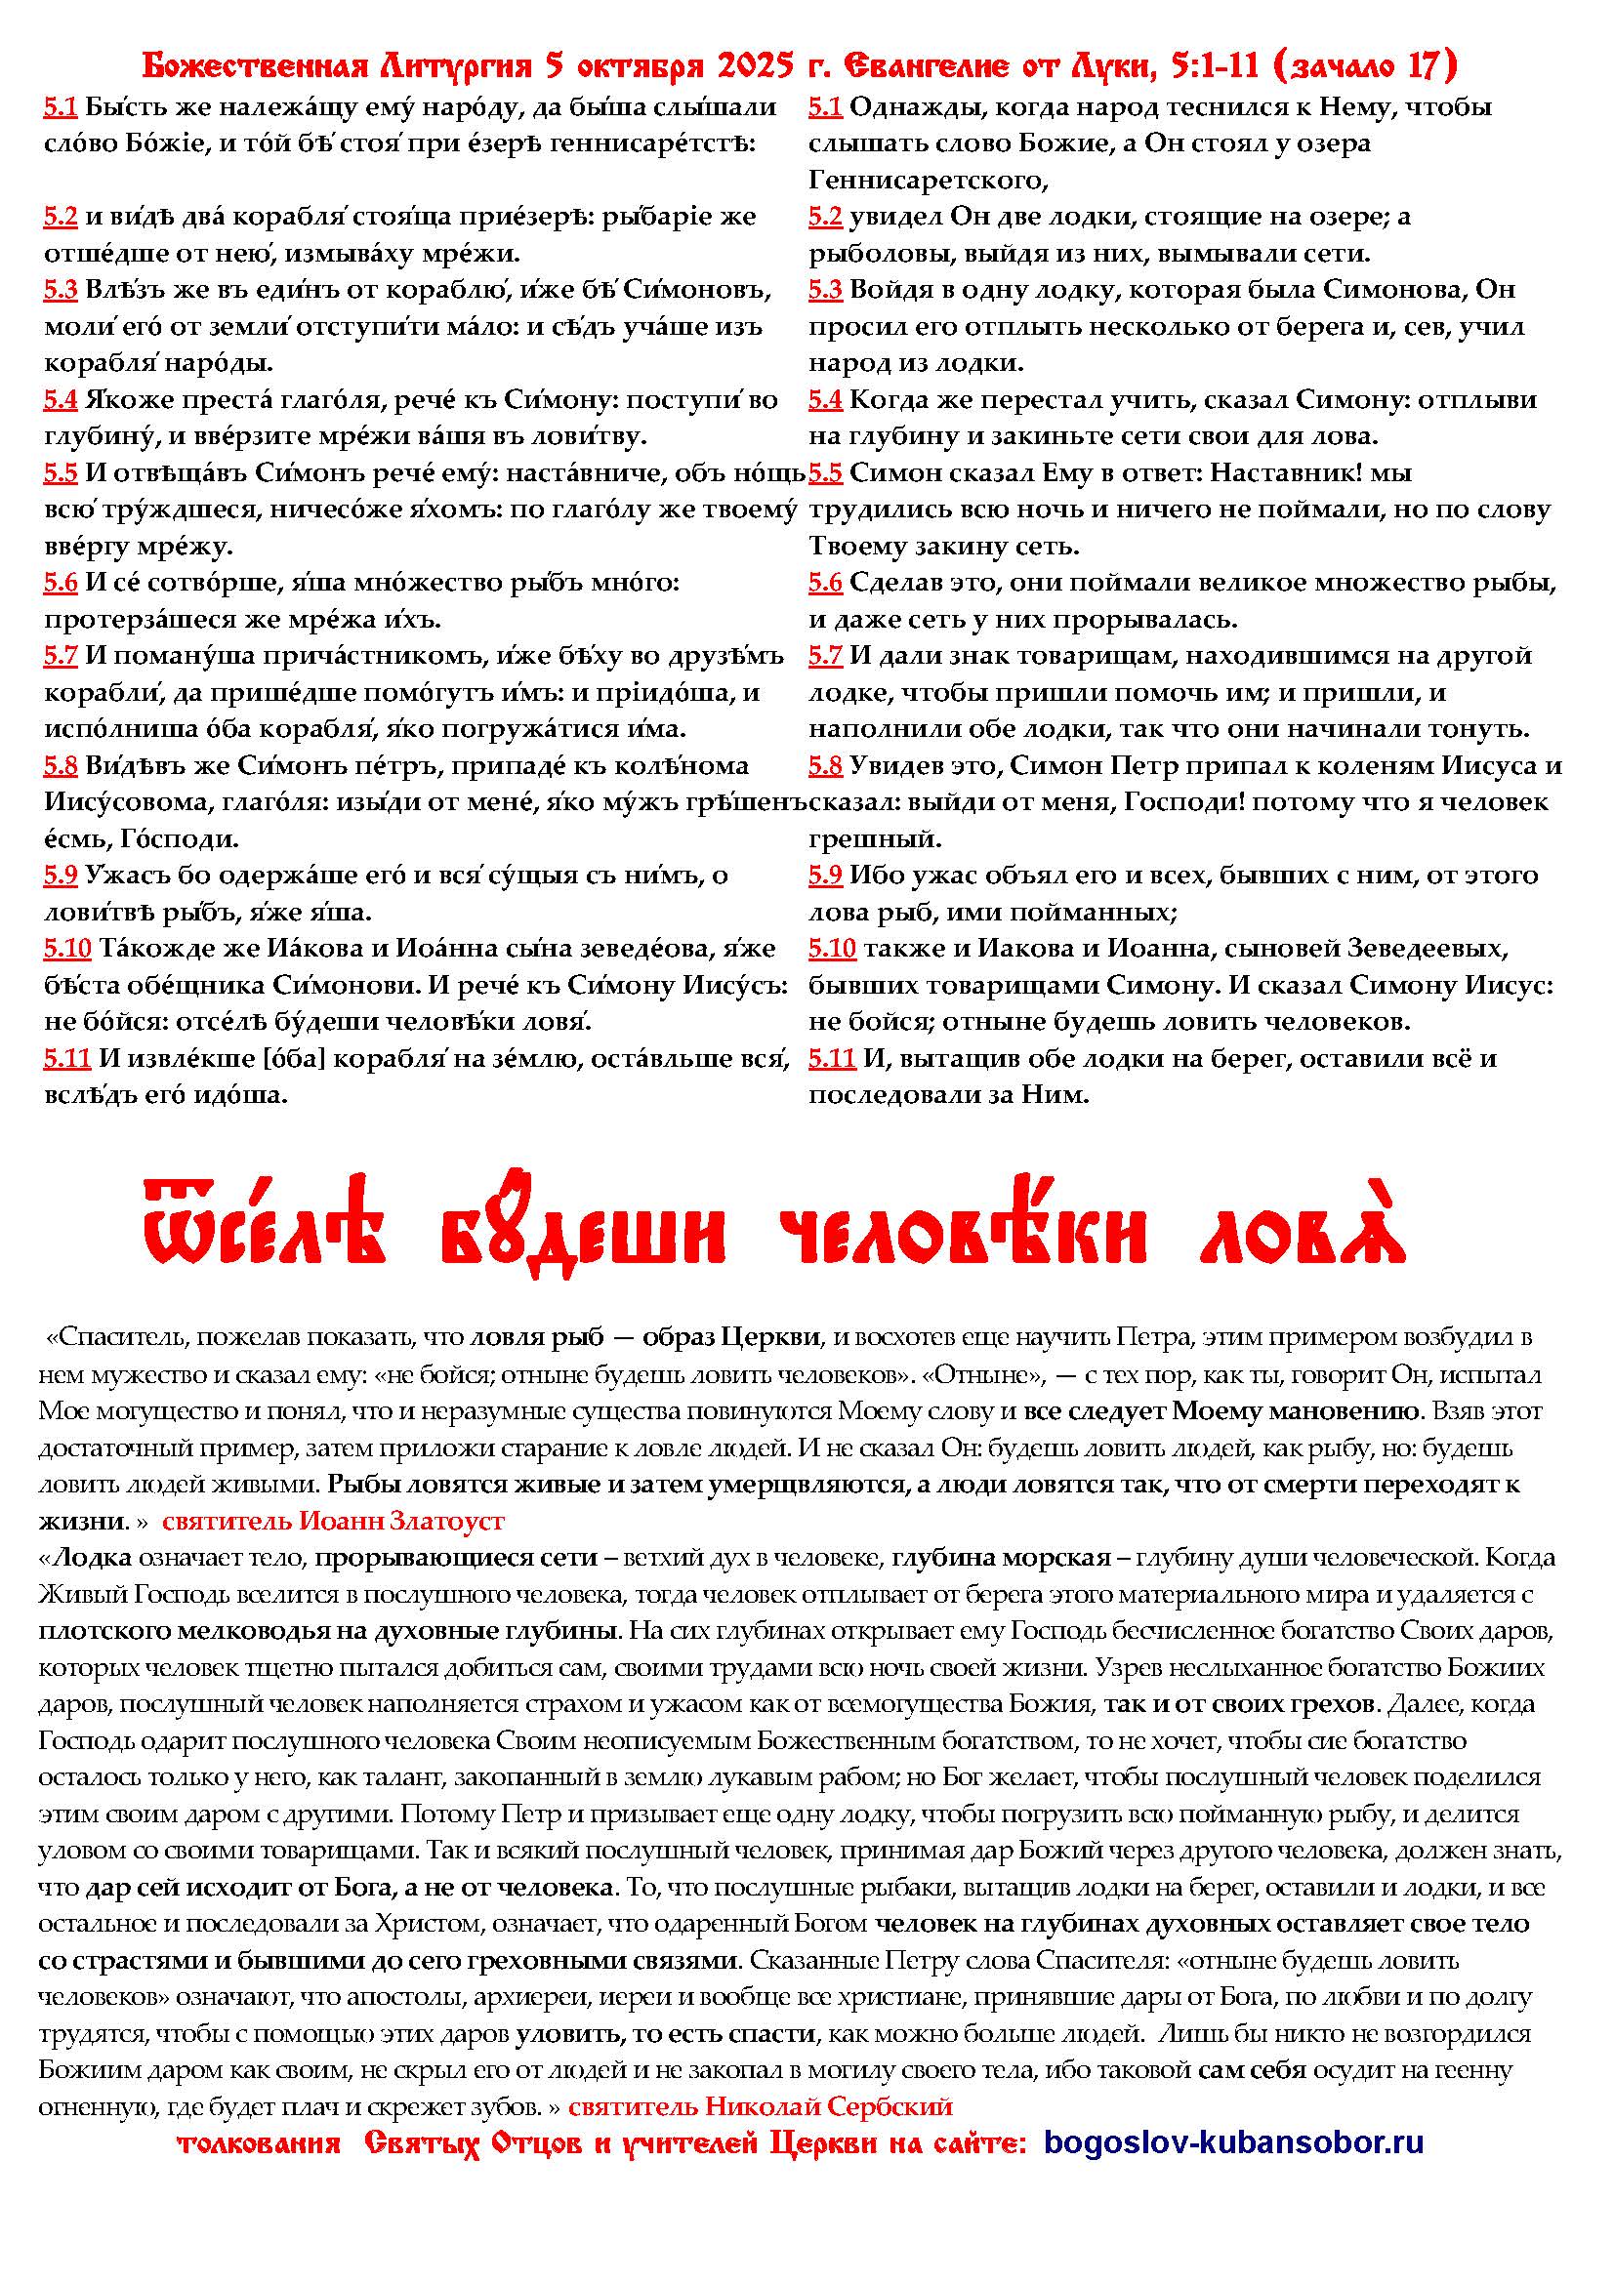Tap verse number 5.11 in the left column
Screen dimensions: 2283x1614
coord(66,1060)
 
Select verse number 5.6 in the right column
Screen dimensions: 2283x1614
coord(824,583)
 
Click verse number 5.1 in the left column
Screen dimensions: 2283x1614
coord(60,107)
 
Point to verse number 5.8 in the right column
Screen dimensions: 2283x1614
coord(824,766)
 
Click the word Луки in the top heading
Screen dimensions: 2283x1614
coord(1119,66)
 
